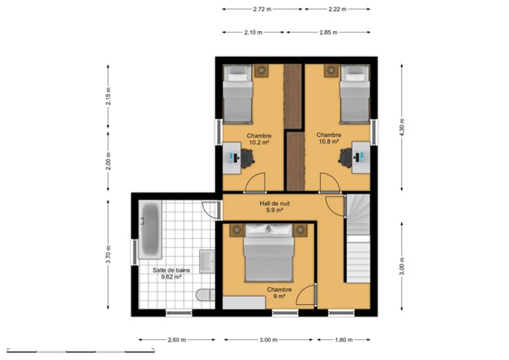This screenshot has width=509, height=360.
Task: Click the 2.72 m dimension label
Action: coord(262,9)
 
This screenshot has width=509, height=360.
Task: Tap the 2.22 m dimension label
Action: coord(337,9)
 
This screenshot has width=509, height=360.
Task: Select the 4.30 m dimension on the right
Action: coord(402,127)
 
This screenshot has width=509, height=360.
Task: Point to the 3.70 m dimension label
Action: coord(108,254)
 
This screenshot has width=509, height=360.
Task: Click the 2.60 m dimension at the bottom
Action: coord(177,340)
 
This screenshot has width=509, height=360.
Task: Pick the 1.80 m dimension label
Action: coord(344,340)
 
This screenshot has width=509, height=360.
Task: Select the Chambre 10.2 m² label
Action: coord(259,139)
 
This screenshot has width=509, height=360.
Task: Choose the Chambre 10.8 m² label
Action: coord(328,138)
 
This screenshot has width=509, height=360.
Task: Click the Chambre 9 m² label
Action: coord(279,293)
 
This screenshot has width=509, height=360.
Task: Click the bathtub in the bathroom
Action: coord(149,229)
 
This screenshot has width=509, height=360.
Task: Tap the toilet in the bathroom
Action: coord(206,295)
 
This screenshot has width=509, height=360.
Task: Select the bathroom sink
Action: coord(207,261)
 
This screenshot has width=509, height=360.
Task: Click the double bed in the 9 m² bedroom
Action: coord(269,253)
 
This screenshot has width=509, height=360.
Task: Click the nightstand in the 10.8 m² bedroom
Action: coord(331,70)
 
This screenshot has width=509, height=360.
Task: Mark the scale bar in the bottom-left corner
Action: coord(80,350)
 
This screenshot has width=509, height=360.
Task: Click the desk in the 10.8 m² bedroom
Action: coord(361,158)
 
